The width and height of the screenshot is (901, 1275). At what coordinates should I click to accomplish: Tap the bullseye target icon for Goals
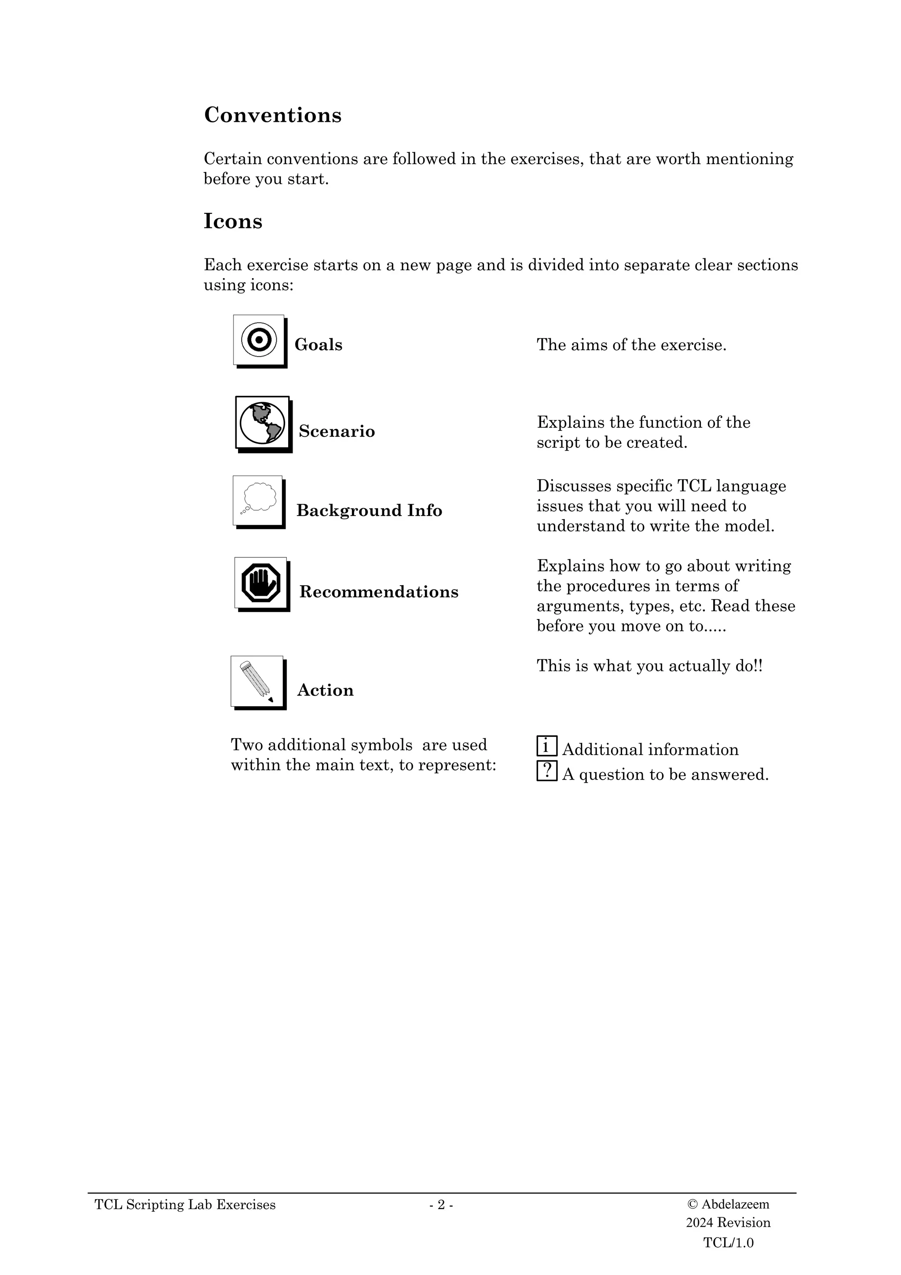(259, 340)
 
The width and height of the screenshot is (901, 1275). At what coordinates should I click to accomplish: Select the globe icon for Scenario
(263, 423)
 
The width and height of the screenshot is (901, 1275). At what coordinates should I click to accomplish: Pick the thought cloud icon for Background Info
(258, 500)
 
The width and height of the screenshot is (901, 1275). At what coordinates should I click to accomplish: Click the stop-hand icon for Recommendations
(261, 583)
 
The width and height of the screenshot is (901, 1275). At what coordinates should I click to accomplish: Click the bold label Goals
(318, 345)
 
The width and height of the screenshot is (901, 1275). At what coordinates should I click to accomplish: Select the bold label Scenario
(337, 432)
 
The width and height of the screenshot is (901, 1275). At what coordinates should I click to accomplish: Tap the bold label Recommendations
(379, 592)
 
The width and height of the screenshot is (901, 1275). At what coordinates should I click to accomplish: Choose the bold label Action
(325, 690)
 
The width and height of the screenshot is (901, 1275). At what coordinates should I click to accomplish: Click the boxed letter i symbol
(546, 746)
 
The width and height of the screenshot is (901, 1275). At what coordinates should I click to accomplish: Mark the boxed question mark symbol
(546, 771)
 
